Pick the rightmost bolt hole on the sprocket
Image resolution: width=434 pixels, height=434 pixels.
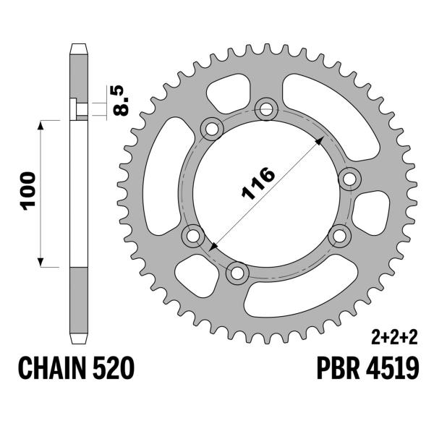tap(350, 179)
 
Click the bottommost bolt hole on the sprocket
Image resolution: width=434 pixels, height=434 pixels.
tap(236, 273)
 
